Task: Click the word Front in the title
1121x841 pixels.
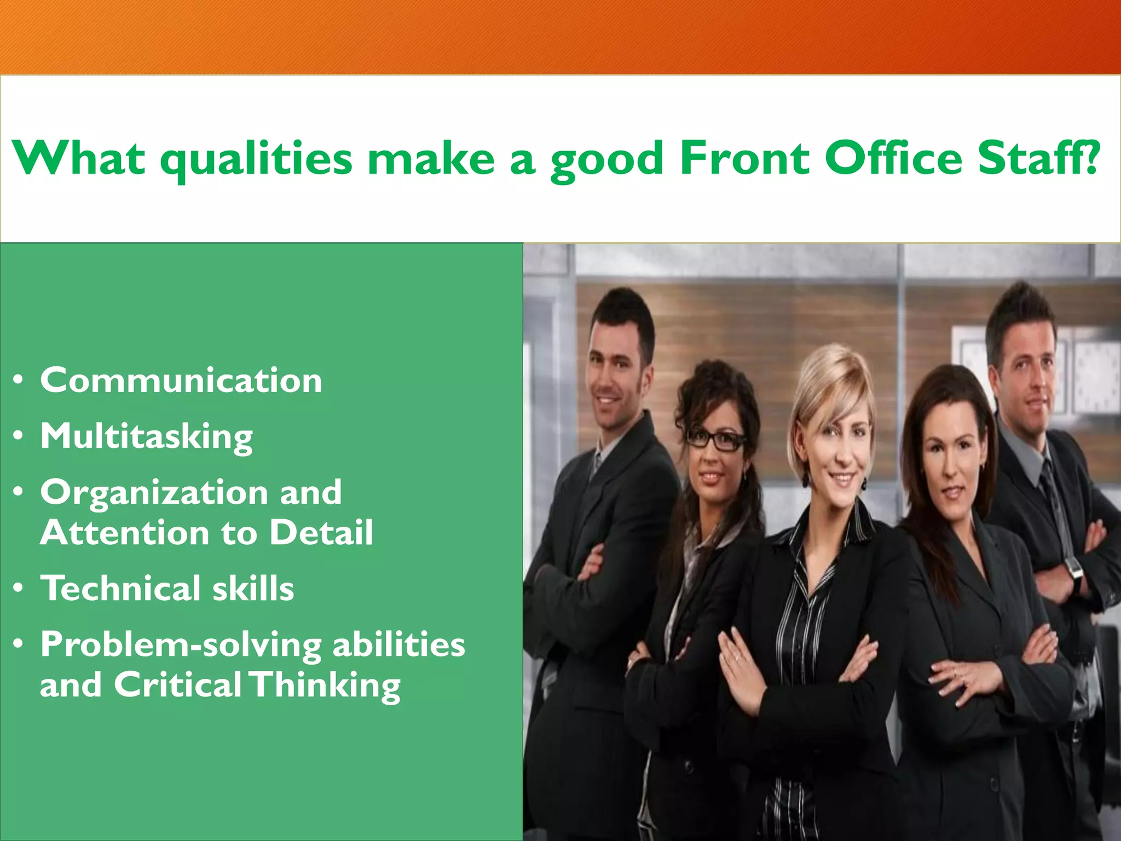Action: tap(744, 158)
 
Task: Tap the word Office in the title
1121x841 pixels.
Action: tap(893, 158)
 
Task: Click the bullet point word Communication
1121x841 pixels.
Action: tap(181, 380)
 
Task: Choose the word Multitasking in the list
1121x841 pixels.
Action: tap(147, 437)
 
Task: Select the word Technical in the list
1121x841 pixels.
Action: tap(120, 588)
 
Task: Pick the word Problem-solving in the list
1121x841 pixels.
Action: tap(181, 645)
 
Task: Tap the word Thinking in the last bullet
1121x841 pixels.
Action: tap(326, 686)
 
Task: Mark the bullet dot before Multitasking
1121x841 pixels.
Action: tap(19, 436)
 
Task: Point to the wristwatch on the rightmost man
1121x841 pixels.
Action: tap(1074, 571)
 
